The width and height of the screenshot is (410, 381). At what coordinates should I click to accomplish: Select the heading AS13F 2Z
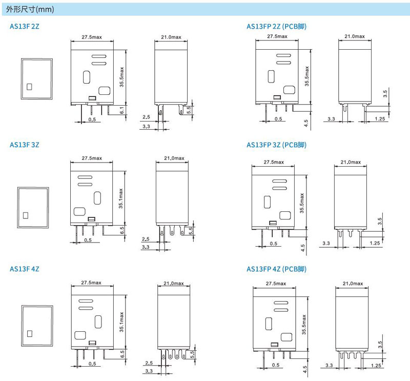(24, 26)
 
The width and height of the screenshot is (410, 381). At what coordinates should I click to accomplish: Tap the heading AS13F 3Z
(24, 145)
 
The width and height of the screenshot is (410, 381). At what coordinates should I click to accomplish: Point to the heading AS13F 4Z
(24, 269)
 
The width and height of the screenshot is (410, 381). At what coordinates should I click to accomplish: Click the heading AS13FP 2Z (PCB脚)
(279, 26)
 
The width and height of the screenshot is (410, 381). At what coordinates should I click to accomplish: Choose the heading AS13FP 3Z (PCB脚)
(279, 145)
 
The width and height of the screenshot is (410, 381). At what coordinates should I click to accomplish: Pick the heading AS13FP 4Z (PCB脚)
(279, 269)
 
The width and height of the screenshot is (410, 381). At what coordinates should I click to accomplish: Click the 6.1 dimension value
(122, 110)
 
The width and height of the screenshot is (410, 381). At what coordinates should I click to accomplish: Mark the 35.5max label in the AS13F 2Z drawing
(122, 77)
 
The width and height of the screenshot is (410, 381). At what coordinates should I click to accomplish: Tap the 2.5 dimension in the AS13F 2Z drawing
(146, 117)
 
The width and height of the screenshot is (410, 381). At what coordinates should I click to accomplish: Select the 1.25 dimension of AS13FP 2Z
(380, 119)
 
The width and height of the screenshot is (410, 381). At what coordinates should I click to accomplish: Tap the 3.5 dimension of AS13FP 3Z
(380, 222)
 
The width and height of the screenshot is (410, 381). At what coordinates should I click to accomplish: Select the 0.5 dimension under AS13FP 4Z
(275, 365)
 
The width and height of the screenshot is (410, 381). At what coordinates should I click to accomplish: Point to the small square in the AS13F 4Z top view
(29, 333)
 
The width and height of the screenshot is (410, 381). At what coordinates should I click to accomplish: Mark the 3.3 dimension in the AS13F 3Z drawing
(146, 248)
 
